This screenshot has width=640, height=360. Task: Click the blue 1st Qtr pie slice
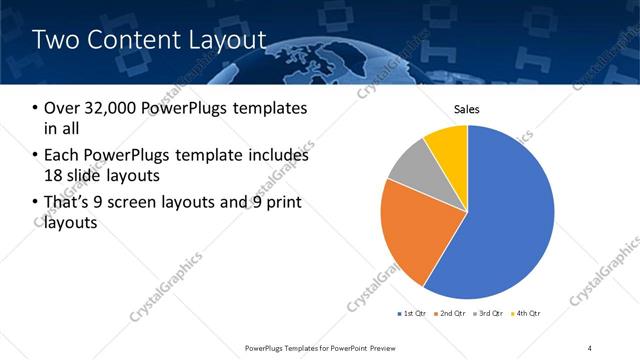(x=510, y=220)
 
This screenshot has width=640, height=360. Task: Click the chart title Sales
(x=467, y=109)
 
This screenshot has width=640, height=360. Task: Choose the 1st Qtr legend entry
(x=412, y=314)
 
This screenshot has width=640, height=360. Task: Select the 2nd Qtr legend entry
(x=452, y=314)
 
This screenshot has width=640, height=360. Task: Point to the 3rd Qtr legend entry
(x=490, y=314)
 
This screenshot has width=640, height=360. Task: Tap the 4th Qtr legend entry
(x=527, y=314)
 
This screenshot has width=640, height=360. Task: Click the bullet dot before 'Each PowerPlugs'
(x=36, y=156)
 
